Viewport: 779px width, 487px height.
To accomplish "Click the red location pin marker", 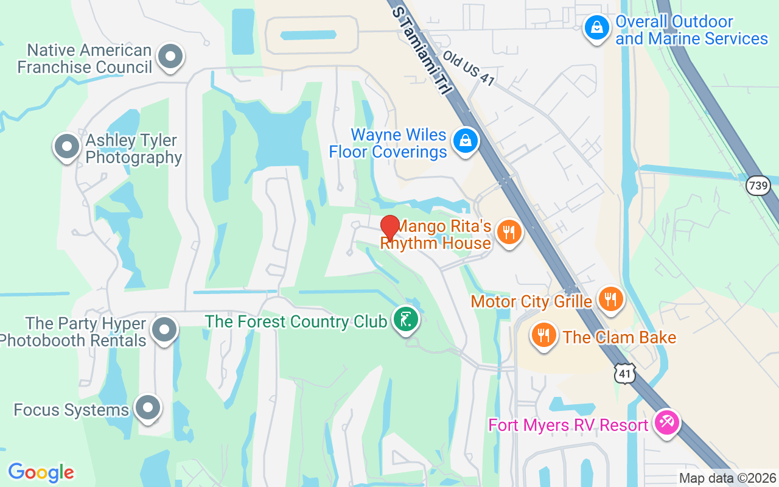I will pos(389,228).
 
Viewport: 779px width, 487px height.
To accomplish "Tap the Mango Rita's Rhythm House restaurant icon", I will pos(509,232).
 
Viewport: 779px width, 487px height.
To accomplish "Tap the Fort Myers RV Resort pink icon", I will pos(667,421).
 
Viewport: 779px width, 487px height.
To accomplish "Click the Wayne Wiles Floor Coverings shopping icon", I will pos(466,141).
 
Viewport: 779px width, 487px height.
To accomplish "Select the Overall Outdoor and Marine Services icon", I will pos(597,27).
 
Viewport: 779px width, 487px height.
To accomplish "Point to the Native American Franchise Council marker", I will pos(170,57).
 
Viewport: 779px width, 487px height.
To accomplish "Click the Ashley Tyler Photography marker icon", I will pos(67,147).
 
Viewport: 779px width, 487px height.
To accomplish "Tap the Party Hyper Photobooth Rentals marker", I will pos(164,330).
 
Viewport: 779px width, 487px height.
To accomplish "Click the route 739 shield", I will pos(758,185).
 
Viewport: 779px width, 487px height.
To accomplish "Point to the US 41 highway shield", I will pos(626,373).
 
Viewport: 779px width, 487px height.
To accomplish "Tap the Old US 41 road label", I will pos(468,68).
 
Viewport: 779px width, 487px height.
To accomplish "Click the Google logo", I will pos(41,472).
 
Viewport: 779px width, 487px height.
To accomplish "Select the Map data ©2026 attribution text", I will pos(727,478).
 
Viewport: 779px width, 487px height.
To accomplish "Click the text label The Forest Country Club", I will pos(296,321).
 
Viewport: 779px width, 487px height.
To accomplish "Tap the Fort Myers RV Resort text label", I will pos(568,424).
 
